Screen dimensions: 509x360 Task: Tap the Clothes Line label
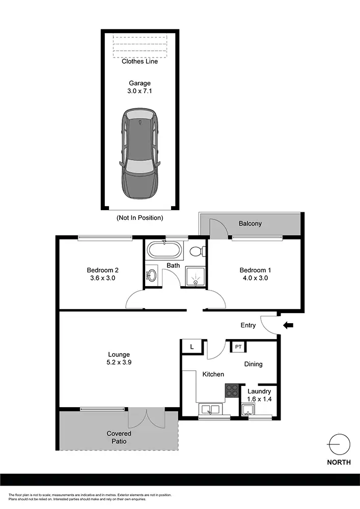coord(140,62)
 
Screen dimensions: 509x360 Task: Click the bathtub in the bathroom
coord(163,250)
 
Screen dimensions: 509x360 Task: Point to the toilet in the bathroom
coord(197,251)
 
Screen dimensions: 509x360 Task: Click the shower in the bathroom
coord(195,277)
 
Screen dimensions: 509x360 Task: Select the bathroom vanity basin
coord(152,276)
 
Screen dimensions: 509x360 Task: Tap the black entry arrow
coord(288,325)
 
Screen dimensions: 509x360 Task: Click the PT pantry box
coord(238,347)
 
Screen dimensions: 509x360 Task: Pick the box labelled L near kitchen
coord(192,347)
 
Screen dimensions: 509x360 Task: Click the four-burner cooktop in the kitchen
coord(232,390)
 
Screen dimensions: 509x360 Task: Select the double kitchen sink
coord(209,409)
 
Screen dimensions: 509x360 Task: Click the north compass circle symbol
coord(339,445)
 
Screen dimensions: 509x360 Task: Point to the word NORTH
coord(339,463)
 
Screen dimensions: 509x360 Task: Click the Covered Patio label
coord(119,437)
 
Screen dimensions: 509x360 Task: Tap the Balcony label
coord(250,223)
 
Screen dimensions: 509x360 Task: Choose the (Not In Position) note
coord(140,218)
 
